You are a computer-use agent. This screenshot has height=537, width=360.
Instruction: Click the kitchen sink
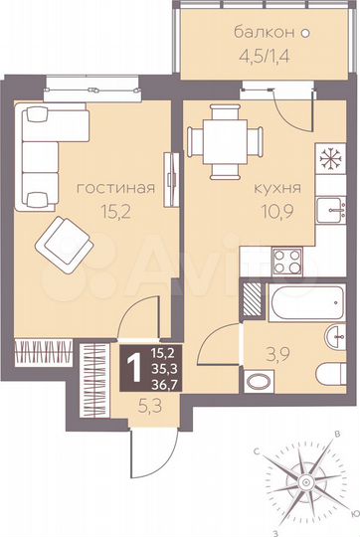(x=328, y=211)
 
